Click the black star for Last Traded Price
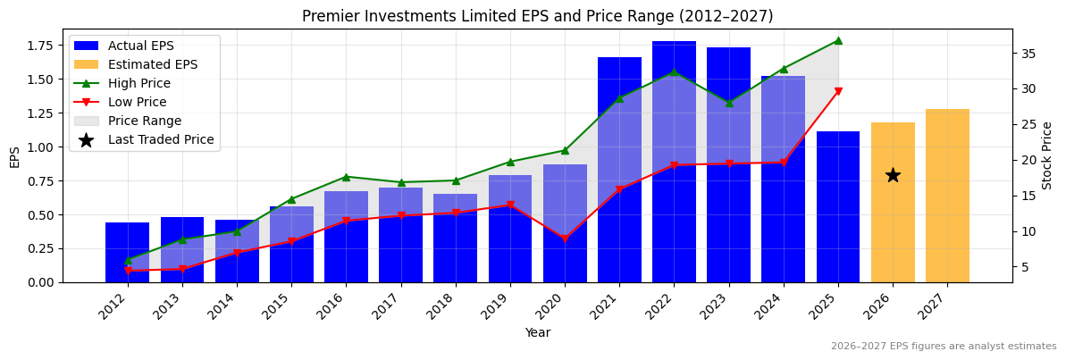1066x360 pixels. (893, 175)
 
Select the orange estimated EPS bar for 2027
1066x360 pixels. (947, 196)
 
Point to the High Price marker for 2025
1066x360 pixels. (838, 40)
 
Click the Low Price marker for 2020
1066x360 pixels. (565, 239)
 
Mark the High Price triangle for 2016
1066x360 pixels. (346, 177)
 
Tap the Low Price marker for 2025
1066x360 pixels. (838, 91)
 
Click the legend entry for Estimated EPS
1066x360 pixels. (153, 64)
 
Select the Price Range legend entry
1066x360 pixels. (144, 121)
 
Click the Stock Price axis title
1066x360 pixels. (1047, 155)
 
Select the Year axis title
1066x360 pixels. (537, 333)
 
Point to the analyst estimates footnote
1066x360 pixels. (944, 347)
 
